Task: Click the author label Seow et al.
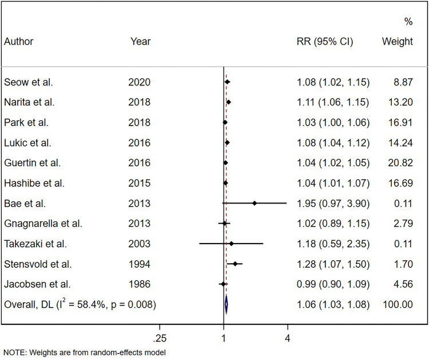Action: coord(28,83)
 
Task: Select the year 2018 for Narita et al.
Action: coord(139,103)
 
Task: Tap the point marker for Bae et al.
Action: coord(254,203)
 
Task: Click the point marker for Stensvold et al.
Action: coord(235,264)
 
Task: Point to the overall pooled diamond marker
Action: coord(226,304)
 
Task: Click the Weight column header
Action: coord(397,42)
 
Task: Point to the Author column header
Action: coord(18,42)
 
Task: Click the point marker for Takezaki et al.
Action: coord(231,244)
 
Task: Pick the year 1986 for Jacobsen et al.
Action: coord(139,284)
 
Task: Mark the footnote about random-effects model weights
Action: coord(84,352)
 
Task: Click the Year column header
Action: coord(140,42)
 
